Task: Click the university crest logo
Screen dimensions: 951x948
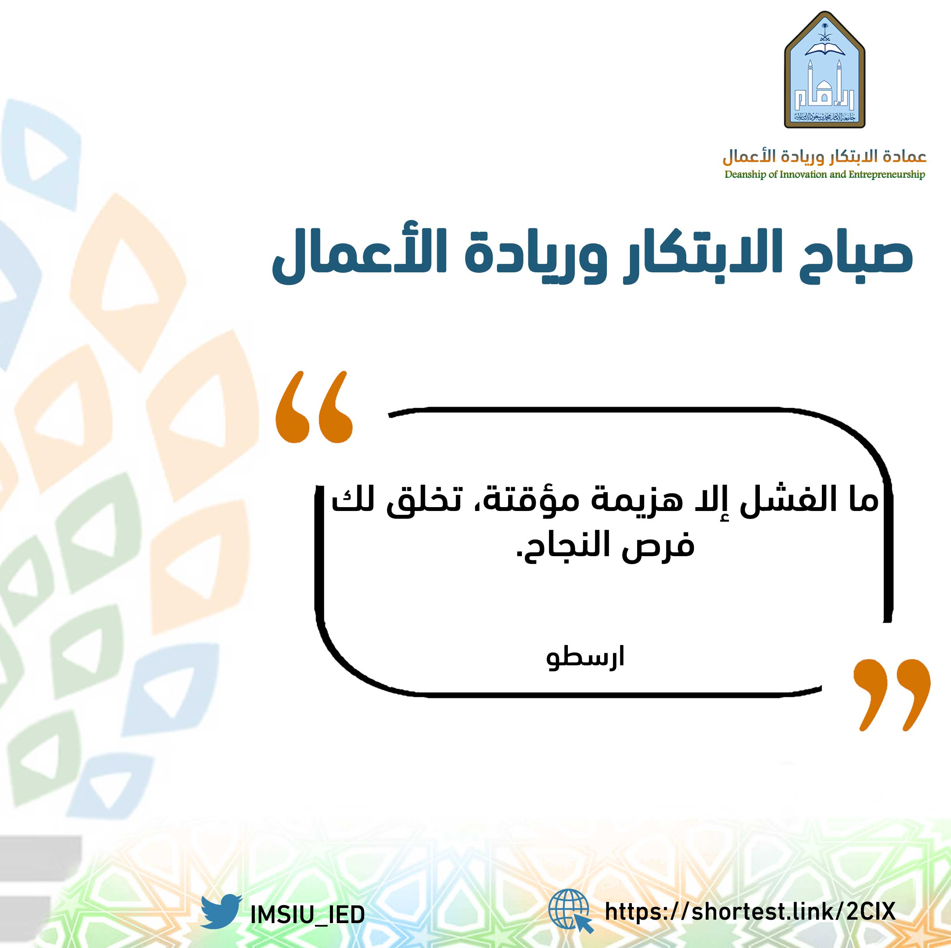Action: click(825, 70)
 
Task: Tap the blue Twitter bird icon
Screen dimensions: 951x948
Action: click(221, 911)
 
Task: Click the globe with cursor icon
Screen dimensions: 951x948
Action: click(571, 911)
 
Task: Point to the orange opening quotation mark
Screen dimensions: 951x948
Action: click(314, 407)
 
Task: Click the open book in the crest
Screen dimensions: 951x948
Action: click(825, 48)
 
